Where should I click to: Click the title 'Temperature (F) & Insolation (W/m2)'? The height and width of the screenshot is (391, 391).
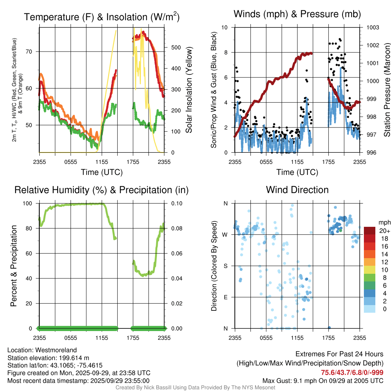102,17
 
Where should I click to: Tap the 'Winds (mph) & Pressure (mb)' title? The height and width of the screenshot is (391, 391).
297,15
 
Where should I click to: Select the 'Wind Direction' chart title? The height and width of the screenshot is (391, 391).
297,190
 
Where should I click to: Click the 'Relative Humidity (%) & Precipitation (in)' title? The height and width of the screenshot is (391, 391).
102,190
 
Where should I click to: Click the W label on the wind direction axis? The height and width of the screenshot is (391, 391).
225,234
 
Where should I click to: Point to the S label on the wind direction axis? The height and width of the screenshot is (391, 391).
226,266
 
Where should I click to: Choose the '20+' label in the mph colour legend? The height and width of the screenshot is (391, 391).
384,231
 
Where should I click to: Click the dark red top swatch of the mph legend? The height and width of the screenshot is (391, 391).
370,231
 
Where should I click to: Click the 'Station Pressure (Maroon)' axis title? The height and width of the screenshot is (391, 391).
387,90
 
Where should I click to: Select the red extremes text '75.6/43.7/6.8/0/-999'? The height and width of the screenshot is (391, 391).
352,373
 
